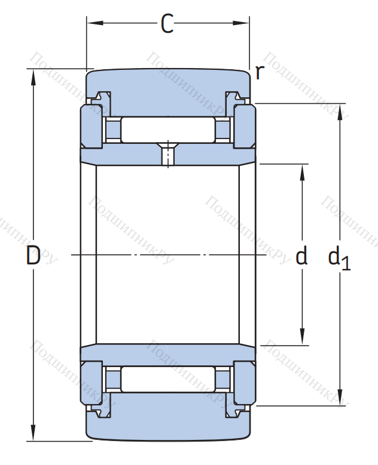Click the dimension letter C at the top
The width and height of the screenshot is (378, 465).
pos(167,23)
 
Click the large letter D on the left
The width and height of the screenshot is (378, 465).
pos(33,255)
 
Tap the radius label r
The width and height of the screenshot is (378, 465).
pos(260,72)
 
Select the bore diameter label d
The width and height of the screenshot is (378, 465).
pos(301,255)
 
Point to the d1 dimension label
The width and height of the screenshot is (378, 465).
pos(339,258)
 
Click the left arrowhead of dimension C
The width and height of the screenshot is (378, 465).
pos(94,23)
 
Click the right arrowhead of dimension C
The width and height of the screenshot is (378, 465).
pos(241,23)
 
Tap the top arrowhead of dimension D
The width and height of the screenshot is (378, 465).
pos(33,78)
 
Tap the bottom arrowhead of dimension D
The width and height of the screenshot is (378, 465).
pos(33,433)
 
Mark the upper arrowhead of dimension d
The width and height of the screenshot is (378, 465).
pos(302,173)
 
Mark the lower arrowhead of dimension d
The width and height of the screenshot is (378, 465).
pos(302,337)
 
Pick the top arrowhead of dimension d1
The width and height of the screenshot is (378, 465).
pos(340,112)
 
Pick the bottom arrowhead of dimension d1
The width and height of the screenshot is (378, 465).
pos(340,397)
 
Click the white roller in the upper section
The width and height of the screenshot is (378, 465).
pos(168,130)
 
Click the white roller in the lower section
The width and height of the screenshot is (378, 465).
pos(168,379)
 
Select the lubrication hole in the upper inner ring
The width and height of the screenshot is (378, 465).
pos(168,154)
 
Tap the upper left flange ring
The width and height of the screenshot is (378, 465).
pos(92,127)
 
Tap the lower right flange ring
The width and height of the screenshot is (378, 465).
pos(245,383)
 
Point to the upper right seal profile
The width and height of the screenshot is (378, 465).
pos(237,98)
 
